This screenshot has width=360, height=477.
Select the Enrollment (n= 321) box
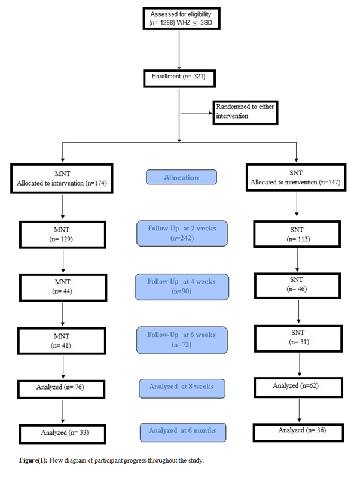pyautogui.click(x=179, y=78)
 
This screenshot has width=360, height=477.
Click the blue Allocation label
pyautogui.click(x=181, y=178)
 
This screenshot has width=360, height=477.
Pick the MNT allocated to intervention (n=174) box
pyautogui.click(x=62, y=177)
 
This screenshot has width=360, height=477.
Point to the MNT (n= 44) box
pyautogui.click(x=62, y=285)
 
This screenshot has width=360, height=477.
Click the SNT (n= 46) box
pyautogui.click(x=297, y=285)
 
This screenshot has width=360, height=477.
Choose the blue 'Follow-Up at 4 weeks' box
pyautogui.click(x=182, y=286)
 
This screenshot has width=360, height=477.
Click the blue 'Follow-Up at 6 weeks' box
pyautogui.click(x=182, y=339)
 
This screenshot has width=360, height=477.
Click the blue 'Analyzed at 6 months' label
pyautogui.click(x=182, y=430)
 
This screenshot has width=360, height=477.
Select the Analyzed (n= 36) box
pyautogui.click(x=297, y=430)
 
